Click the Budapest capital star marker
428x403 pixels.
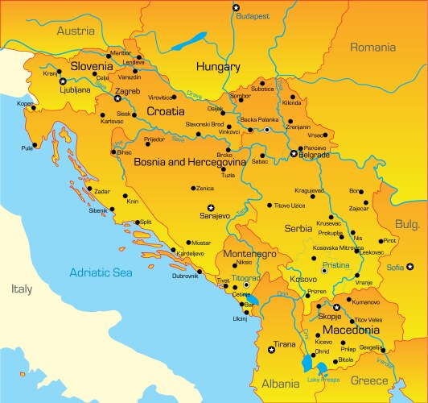(236, 7)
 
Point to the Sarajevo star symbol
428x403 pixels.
(212, 207)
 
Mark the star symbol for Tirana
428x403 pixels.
(270, 349)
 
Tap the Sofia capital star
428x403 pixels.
(409, 266)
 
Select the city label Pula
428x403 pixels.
(28, 147)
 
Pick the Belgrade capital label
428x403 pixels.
(314, 155)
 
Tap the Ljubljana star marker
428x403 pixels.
(63, 81)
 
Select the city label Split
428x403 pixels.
(146, 221)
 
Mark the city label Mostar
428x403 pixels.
(200, 242)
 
